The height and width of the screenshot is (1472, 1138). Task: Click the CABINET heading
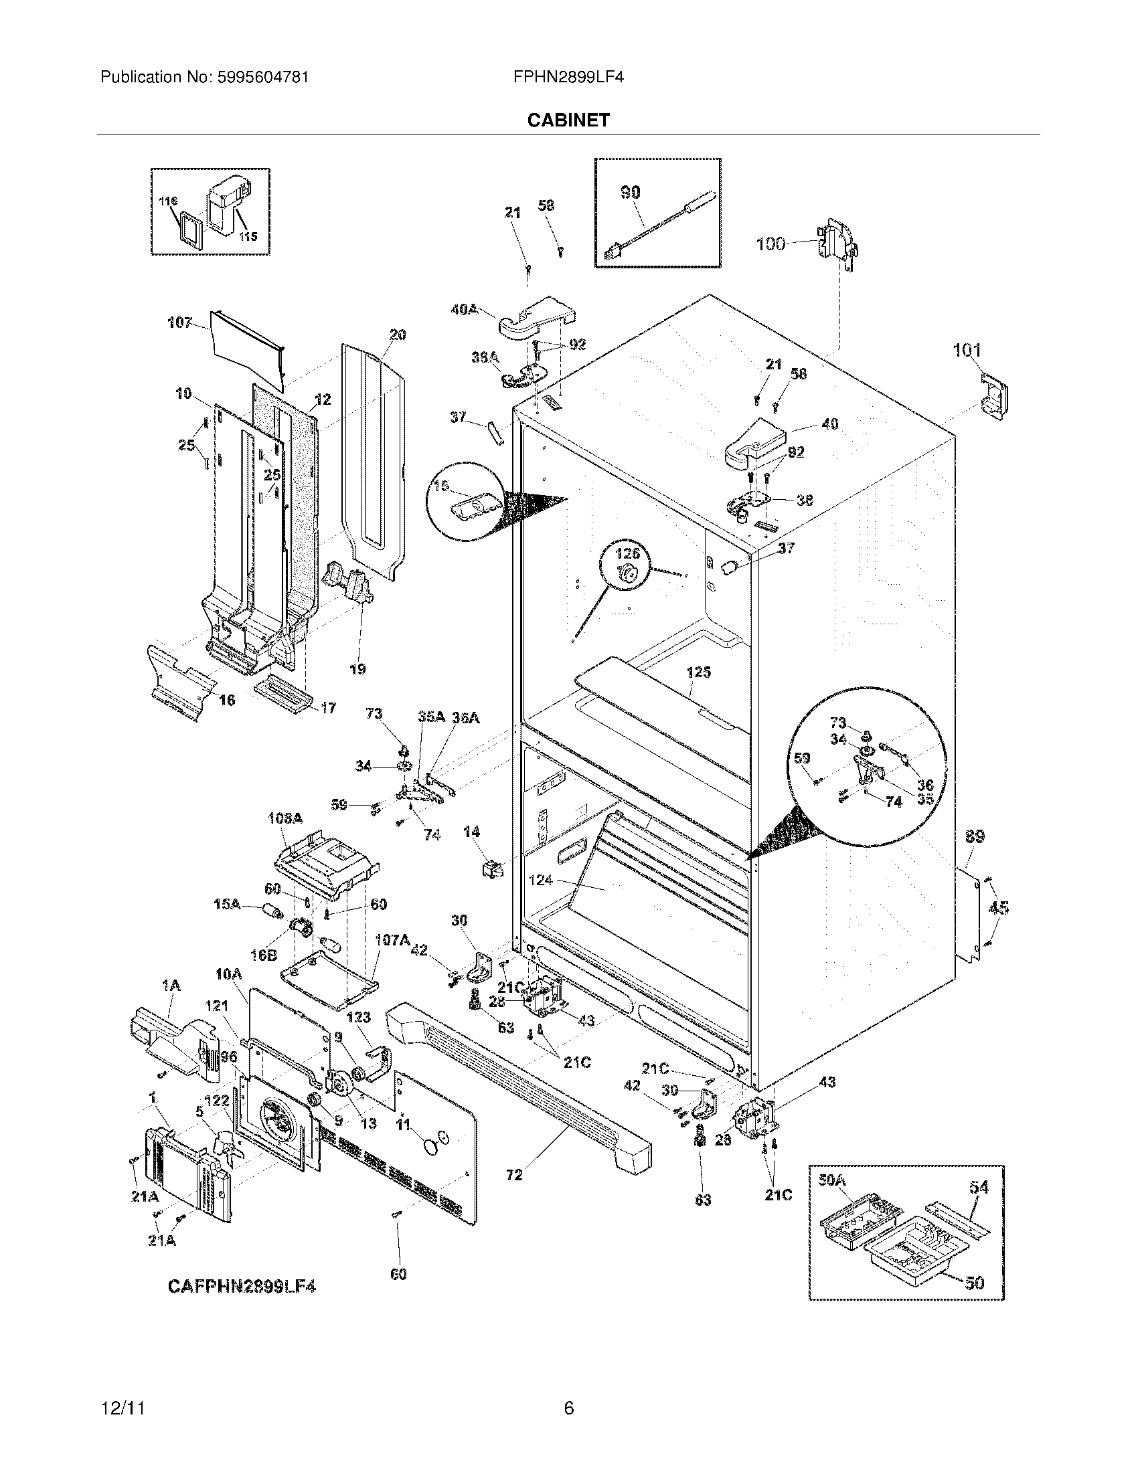pos(568,120)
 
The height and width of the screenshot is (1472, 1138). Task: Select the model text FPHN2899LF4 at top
pos(568,78)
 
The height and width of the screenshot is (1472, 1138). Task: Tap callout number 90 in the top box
pos(630,192)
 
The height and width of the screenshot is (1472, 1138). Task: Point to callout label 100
pos(770,244)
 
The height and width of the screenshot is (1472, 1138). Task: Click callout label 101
pos(967,350)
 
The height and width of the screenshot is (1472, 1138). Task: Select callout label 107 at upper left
pos(179,323)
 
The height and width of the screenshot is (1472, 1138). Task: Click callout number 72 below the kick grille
pos(513,1175)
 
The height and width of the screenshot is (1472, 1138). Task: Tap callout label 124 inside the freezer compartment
pos(541,881)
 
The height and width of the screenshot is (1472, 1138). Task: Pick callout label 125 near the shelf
pos(698,672)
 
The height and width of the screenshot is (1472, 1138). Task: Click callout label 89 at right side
pos(975,836)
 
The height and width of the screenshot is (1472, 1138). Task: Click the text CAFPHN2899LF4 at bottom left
pos(242,1287)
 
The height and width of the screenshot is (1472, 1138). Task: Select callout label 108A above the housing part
pos(286,819)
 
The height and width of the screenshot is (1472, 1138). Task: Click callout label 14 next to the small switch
pos(471,832)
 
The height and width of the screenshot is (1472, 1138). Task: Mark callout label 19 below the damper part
pos(357,668)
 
